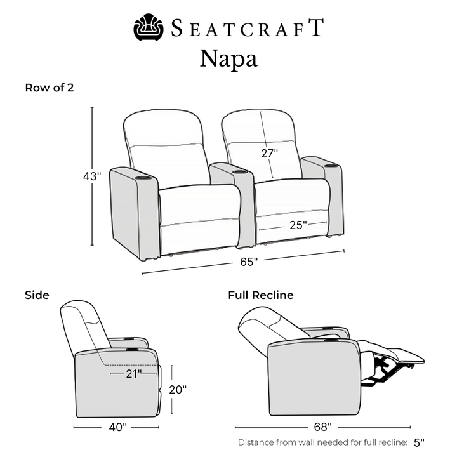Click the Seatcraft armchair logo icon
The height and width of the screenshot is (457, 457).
point(149,27)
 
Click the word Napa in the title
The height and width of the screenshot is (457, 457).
point(228,59)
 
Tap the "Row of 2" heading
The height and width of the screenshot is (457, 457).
point(50,88)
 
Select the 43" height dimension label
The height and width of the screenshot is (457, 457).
point(92,176)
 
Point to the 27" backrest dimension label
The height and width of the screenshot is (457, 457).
point(269,153)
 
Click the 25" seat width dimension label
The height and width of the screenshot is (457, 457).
point(298,225)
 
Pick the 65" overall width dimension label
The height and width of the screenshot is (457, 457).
point(249,262)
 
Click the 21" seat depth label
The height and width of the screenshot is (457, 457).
point(134,374)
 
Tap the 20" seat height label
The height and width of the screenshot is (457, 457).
point(178,389)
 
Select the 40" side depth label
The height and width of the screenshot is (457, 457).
point(118,427)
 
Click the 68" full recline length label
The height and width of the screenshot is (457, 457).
point(322,427)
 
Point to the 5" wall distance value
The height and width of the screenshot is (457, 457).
point(419,442)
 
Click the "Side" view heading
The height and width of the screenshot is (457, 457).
point(37,295)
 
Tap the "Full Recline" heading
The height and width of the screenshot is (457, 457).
point(261,295)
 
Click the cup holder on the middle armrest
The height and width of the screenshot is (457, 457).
point(240,172)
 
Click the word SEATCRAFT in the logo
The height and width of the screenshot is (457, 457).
point(247,28)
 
